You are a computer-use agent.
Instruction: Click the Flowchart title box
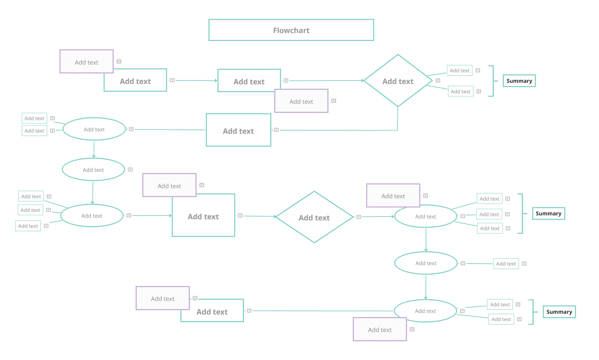(x=291, y=30)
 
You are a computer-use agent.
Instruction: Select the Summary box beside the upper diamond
(x=519, y=81)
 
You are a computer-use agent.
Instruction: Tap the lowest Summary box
(x=559, y=312)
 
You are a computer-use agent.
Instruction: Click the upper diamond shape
(x=398, y=80)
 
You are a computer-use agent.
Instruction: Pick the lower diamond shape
(x=314, y=217)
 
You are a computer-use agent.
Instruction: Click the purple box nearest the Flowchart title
(x=301, y=101)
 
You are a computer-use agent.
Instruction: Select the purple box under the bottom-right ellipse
(x=380, y=329)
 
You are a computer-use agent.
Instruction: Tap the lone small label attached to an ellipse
(x=506, y=264)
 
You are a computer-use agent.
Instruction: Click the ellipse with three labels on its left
(x=92, y=215)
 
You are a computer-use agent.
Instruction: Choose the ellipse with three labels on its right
(x=426, y=216)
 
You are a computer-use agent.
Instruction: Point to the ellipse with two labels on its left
(x=94, y=129)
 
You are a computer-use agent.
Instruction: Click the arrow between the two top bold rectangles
(x=197, y=80)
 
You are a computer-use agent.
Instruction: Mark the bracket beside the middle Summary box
(x=522, y=213)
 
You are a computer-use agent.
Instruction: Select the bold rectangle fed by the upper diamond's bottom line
(x=238, y=130)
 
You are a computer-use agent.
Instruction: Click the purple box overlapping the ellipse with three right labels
(x=393, y=196)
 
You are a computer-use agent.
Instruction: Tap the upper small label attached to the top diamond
(x=460, y=70)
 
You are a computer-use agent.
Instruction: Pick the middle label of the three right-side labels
(x=489, y=214)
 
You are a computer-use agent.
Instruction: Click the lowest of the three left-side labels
(x=28, y=226)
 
